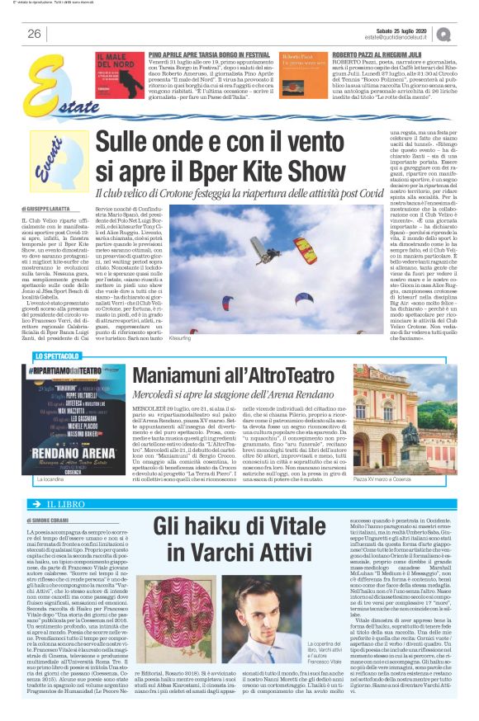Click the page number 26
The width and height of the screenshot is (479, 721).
click(x=34, y=34)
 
